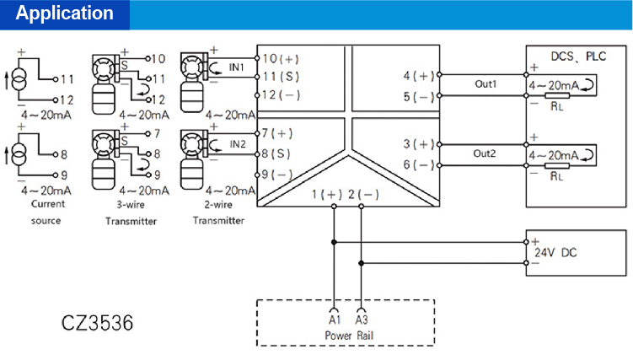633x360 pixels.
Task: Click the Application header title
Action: point(65,13)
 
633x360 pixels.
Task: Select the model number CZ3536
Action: point(97,323)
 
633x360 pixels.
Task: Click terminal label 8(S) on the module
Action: point(277,153)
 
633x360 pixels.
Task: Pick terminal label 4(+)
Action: point(419,76)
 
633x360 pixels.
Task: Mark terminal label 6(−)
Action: point(419,164)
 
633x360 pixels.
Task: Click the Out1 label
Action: point(485,84)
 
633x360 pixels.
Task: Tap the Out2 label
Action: point(485,154)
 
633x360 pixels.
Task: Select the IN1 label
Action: point(237,66)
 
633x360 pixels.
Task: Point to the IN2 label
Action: point(238,143)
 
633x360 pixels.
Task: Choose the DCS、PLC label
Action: point(577,56)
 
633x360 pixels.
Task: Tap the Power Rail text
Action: point(350,334)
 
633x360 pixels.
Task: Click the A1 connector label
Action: point(334,320)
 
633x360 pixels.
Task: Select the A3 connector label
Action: point(362,320)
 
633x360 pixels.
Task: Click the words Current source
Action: point(47,212)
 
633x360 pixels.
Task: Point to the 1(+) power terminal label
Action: point(326,195)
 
